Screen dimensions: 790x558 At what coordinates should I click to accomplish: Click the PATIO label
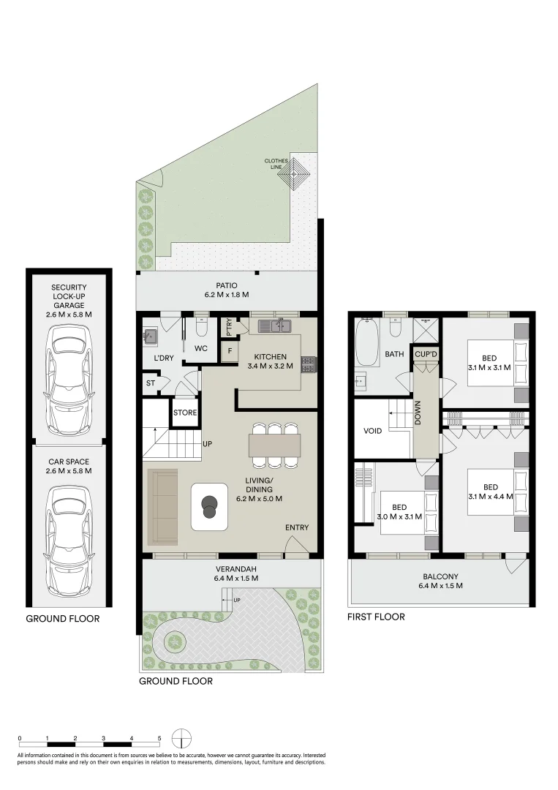tap(227, 285)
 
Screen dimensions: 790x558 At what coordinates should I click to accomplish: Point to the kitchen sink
tap(275, 326)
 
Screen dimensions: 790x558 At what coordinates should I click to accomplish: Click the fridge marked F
tap(229, 350)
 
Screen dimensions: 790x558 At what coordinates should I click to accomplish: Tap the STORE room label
tap(185, 413)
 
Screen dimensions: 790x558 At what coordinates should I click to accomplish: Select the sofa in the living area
tap(162, 507)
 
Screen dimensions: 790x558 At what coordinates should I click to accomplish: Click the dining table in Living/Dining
tap(274, 444)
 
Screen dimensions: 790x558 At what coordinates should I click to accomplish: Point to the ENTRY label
tap(297, 527)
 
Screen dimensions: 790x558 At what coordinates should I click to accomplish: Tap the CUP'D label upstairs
tap(425, 353)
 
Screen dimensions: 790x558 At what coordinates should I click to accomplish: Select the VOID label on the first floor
tap(372, 431)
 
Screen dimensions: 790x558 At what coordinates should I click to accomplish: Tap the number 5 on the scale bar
tap(159, 738)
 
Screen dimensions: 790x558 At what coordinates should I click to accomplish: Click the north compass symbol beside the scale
tap(182, 737)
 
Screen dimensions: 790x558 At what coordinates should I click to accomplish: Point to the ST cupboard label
tap(151, 383)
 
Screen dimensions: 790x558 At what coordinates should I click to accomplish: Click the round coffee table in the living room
tap(210, 506)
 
